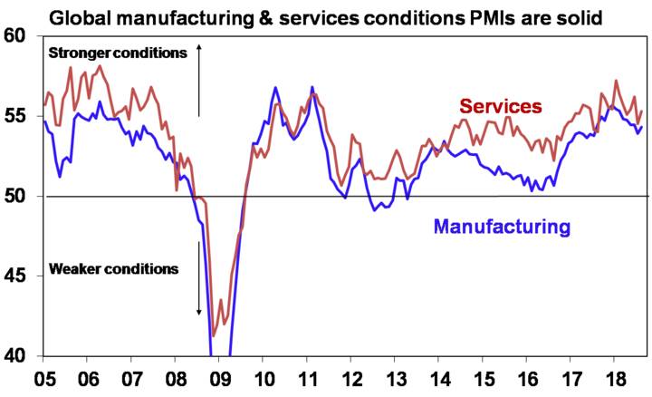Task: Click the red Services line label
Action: [x=501, y=107]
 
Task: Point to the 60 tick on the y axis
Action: [x=17, y=36]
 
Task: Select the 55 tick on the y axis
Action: [x=17, y=116]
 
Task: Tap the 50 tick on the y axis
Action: [x=17, y=196]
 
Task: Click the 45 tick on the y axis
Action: [x=17, y=276]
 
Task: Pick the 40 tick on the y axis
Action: [x=17, y=355]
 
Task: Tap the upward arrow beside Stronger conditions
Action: [x=199, y=77]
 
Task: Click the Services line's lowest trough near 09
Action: [x=214, y=335]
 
